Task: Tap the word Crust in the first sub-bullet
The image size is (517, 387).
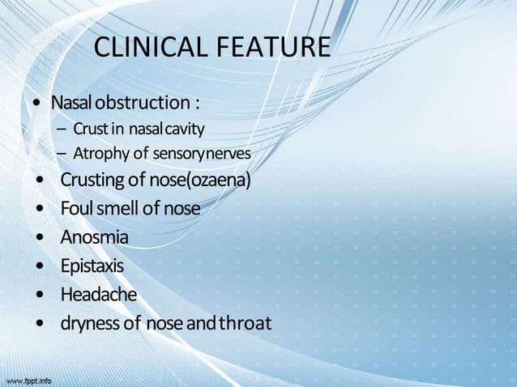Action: [x=88, y=129]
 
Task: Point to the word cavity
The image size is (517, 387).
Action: [x=187, y=129]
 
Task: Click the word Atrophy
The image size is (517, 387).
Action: [x=99, y=153]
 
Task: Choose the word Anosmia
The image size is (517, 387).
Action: [x=94, y=238]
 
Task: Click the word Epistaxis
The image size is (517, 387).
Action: [x=92, y=266]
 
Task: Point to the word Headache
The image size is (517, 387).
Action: [x=98, y=295]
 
